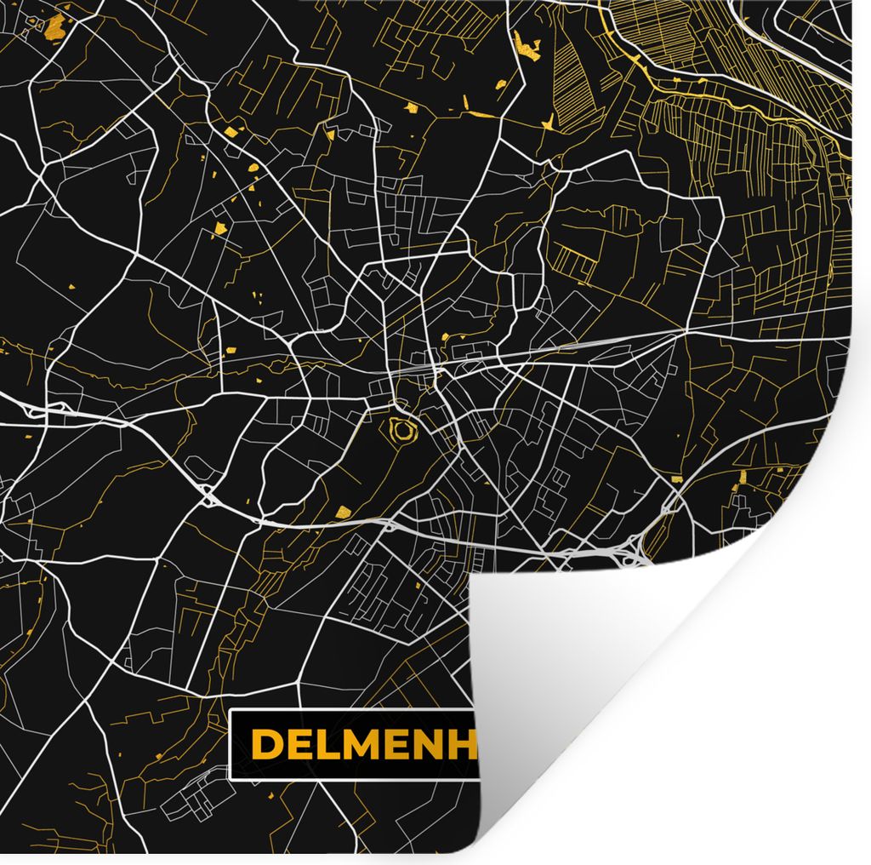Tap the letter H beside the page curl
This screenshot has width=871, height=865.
pyautogui.click(x=469, y=744)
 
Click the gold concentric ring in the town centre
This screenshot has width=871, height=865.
pyautogui.click(x=401, y=431)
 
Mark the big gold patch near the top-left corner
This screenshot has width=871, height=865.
pyautogui.click(x=56, y=23)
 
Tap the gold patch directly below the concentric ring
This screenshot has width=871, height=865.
pyautogui.click(x=343, y=512)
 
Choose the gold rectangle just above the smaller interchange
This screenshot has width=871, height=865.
pyautogui.click(x=677, y=479)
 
